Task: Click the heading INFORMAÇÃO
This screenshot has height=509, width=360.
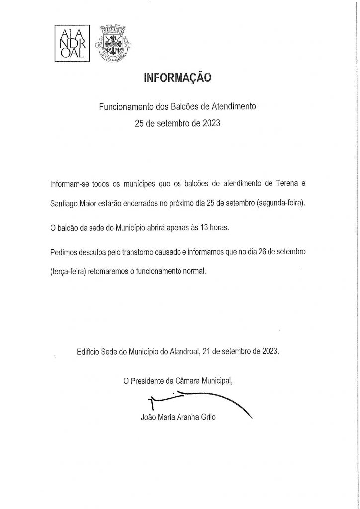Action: tap(177, 78)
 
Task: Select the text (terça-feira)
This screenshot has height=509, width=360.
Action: tap(71, 272)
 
